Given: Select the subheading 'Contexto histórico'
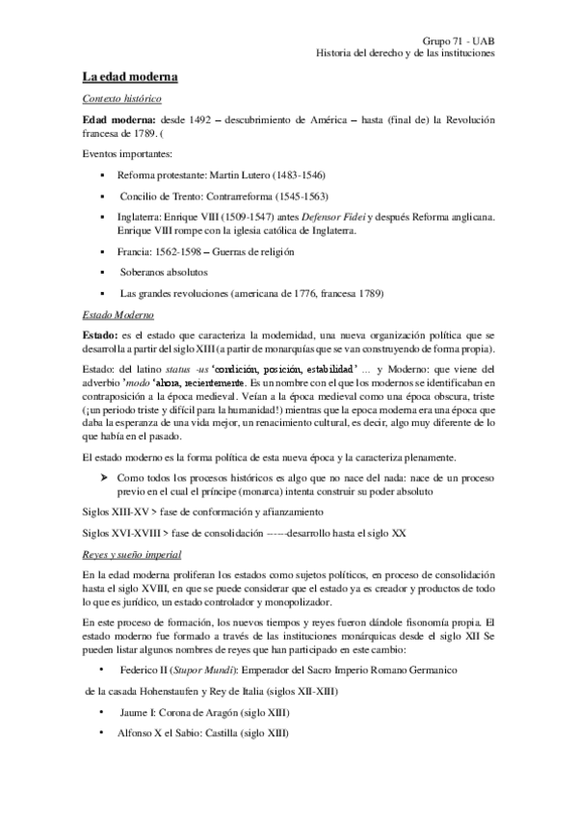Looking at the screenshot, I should point(121,99).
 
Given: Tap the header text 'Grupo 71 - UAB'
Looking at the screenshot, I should point(459,40).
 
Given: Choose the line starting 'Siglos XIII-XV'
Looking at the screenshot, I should point(207,510).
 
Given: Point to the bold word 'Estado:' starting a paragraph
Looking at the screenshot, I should point(102,333).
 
